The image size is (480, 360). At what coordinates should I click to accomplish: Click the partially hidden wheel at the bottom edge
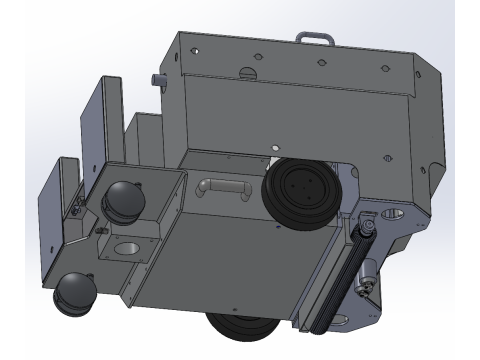(x=240, y=330)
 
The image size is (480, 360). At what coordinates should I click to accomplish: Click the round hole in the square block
(x=128, y=245)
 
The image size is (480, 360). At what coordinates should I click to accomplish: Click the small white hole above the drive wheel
(x=273, y=147)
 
